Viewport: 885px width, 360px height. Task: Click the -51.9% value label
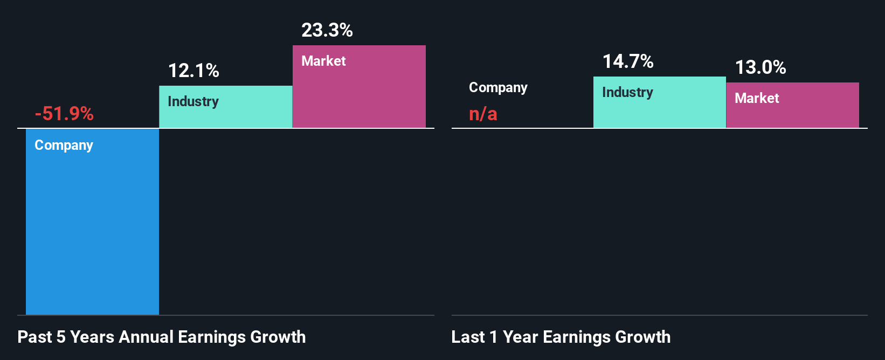click(x=64, y=114)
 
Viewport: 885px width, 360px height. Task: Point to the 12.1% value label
click(x=193, y=71)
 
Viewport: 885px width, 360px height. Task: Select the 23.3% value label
click(x=327, y=30)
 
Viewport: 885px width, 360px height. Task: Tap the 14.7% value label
click(x=628, y=61)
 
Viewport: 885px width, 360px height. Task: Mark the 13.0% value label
click(x=760, y=67)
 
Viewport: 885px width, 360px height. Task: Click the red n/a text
click(x=483, y=114)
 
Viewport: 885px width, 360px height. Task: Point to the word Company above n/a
click(x=498, y=87)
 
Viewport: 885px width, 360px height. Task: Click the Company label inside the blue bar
click(x=64, y=145)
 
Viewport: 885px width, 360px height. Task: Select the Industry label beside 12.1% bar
click(x=193, y=101)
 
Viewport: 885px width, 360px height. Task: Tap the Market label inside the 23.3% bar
click(x=323, y=61)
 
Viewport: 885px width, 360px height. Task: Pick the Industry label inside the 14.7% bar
click(x=627, y=92)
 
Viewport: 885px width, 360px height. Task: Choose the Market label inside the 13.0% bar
click(x=757, y=98)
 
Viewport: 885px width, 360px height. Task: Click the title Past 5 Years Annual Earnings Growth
click(x=161, y=337)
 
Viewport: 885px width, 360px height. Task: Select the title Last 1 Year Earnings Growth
click(x=561, y=337)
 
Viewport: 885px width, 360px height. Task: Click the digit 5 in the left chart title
click(x=61, y=337)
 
